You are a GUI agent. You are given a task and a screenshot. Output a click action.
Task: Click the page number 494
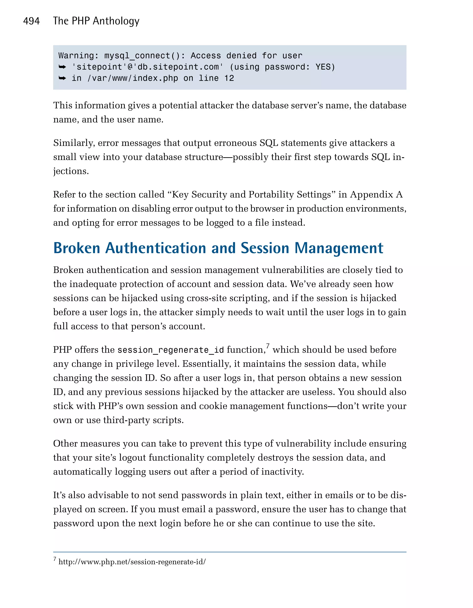point(31,21)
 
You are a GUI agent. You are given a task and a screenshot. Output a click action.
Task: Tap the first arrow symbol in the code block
point(62,67)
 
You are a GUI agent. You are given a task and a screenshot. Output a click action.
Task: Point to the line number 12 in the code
point(229,78)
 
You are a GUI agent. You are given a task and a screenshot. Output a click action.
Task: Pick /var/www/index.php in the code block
point(133,78)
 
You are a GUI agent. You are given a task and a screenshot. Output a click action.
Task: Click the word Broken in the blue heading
point(76,248)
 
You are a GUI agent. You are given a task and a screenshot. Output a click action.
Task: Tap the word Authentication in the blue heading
point(156,248)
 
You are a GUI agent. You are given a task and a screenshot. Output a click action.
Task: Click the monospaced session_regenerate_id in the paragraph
point(170,350)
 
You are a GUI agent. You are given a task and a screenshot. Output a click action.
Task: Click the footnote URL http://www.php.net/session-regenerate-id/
point(132,562)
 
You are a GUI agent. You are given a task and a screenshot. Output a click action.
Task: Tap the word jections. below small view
point(71,171)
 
